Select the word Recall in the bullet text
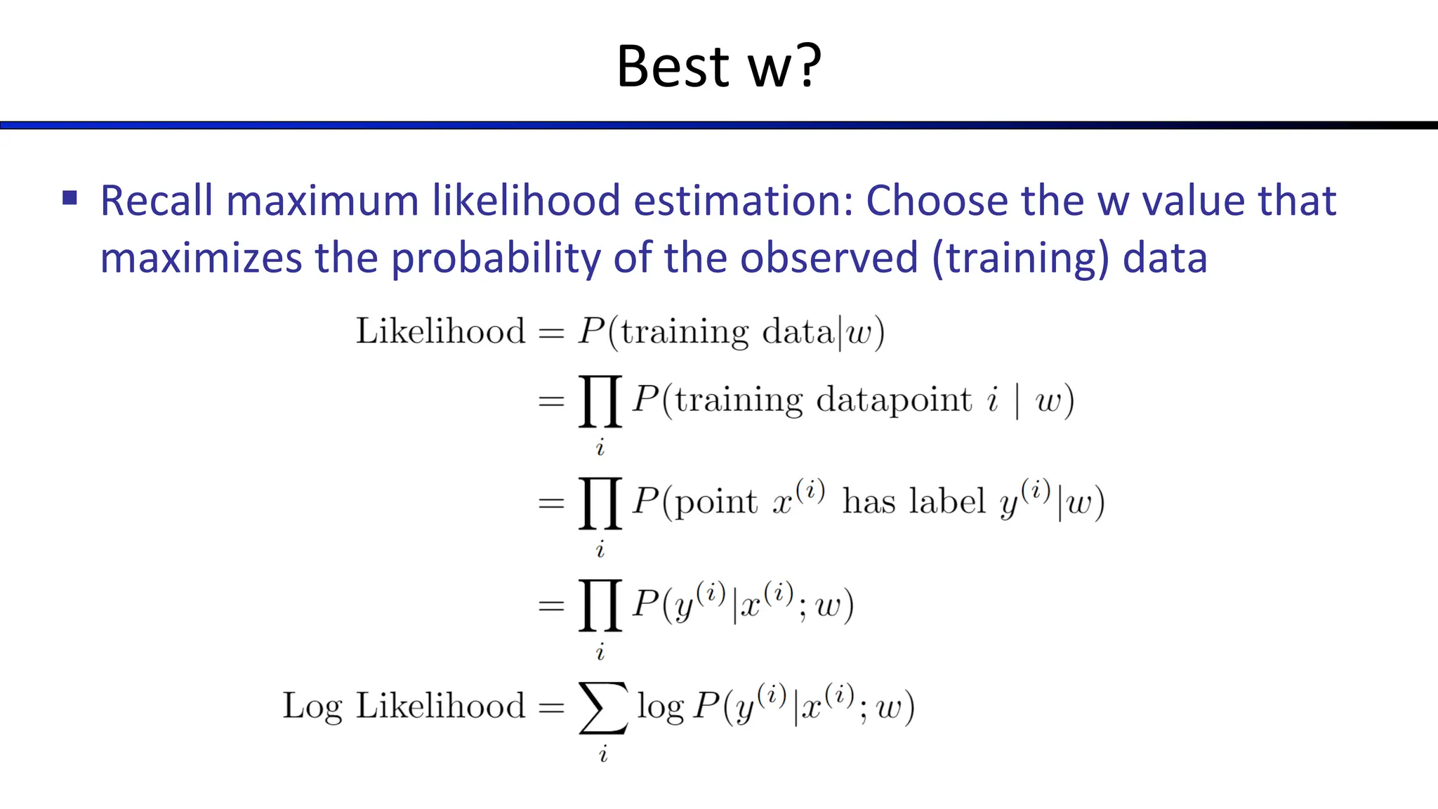pyautogui.click(x=157, y=201)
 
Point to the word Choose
pyautogui.click(x=937, y=201)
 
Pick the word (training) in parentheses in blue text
pyautogui.click(x=1021, y=258)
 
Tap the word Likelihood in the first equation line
pyautogui.click(x=440, y=331)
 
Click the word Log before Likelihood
pyautogui.click(x=312, y=706)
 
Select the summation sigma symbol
pyautogui.click(x=603, y=707)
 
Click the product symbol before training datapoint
pyautogui.click(x=600, y=401)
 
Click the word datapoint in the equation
pyautogui.click(x=894, y=401)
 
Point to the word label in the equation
pyautogui.click(x=948, y=502)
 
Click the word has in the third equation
pyautogui.click(x=869, y=502)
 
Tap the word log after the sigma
pyautogui.click(x=660, y=706)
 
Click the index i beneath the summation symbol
pyautogui.click(x=603, y=755)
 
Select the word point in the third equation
pyautogui.click(x=715, y=504)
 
